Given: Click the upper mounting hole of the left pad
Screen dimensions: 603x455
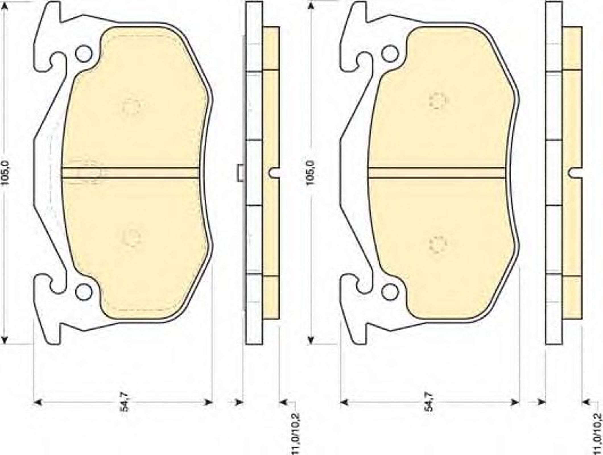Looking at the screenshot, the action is click(x=84, y=54).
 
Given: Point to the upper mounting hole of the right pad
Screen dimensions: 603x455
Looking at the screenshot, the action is click(x=390, y=54).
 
